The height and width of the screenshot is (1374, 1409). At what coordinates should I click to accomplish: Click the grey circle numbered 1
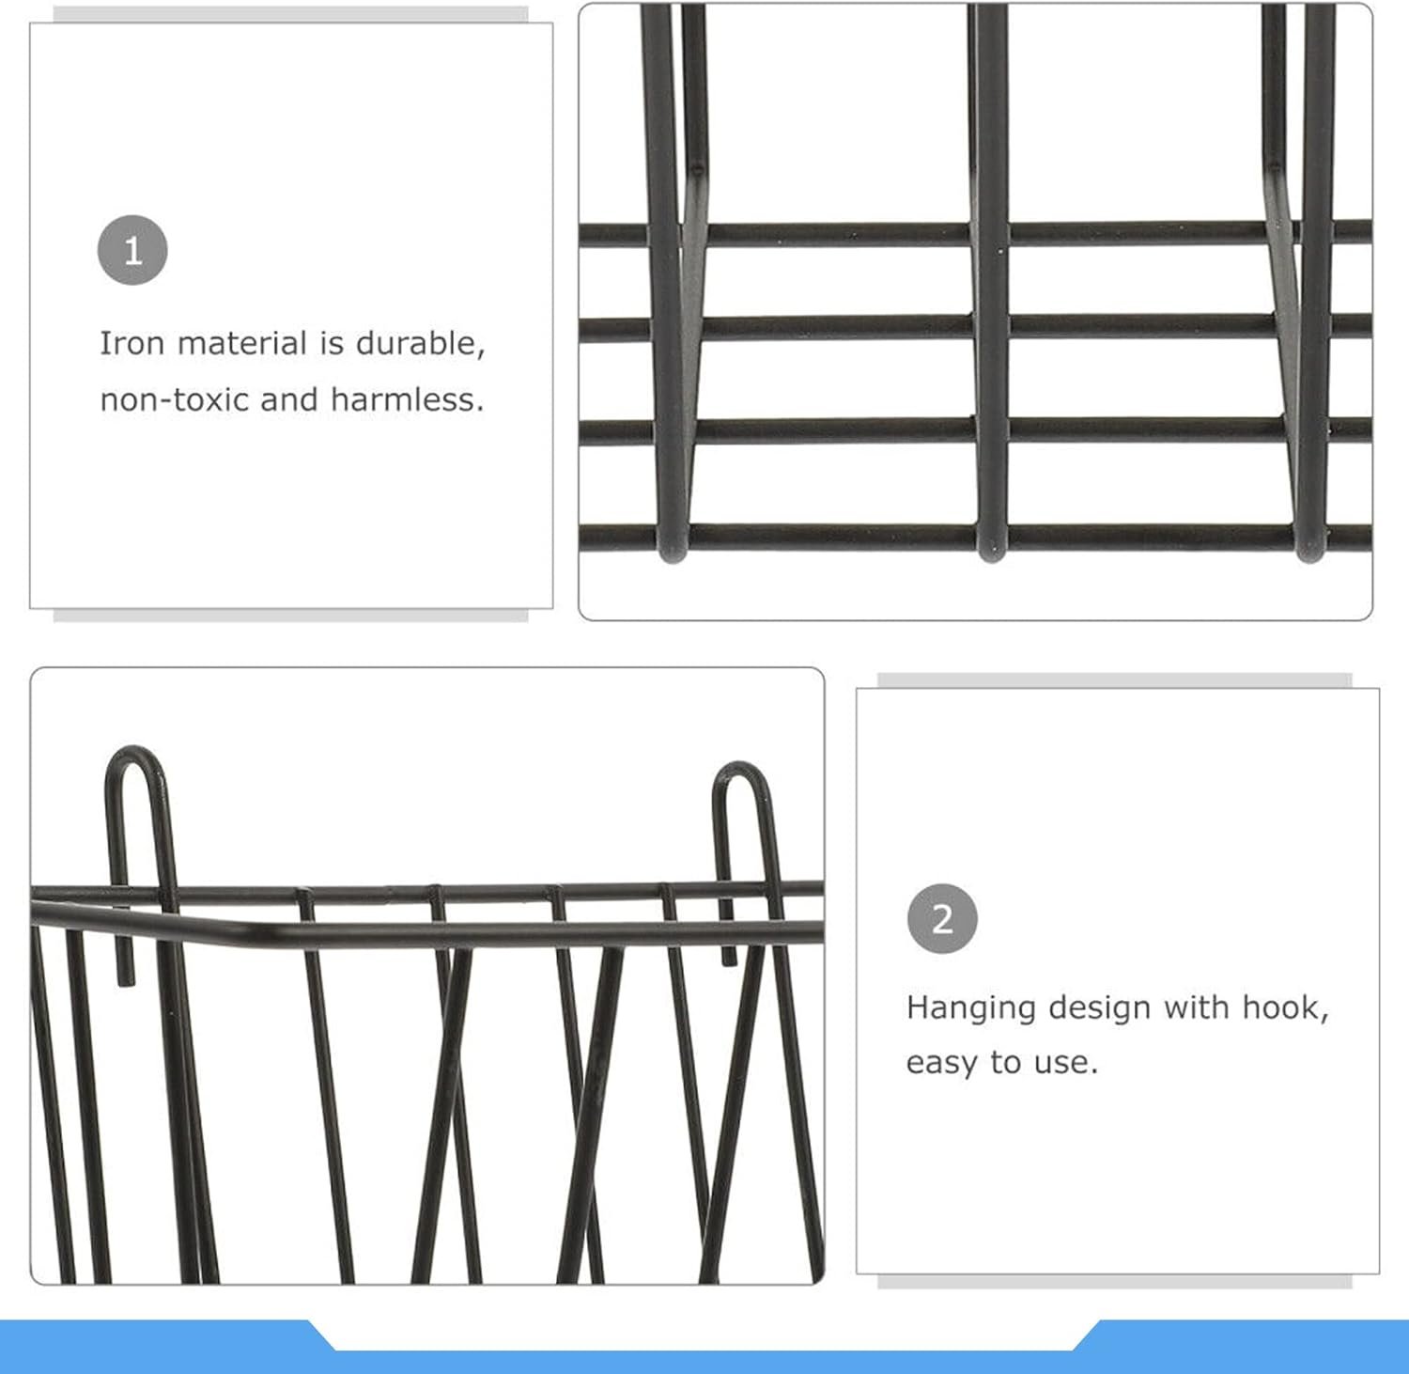132,251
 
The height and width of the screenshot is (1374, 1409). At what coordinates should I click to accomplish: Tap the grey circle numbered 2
942,918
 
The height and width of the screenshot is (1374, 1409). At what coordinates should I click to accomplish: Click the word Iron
132,343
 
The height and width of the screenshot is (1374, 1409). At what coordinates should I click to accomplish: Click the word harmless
407,399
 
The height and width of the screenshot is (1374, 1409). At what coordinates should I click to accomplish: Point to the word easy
942,1064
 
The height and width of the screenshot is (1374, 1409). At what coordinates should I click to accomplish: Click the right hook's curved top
741,766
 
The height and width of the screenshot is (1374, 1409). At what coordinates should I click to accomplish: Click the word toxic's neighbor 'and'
290,399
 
